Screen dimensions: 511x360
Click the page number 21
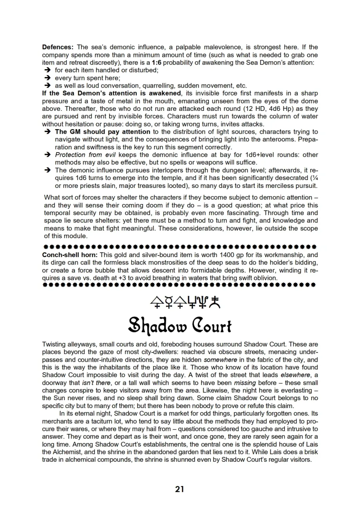point(180,489)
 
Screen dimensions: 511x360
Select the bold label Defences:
point(58,47)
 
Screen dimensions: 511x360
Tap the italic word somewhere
point(220,360)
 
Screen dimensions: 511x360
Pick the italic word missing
point(245,382)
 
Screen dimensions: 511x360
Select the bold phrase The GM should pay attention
point(103,132)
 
